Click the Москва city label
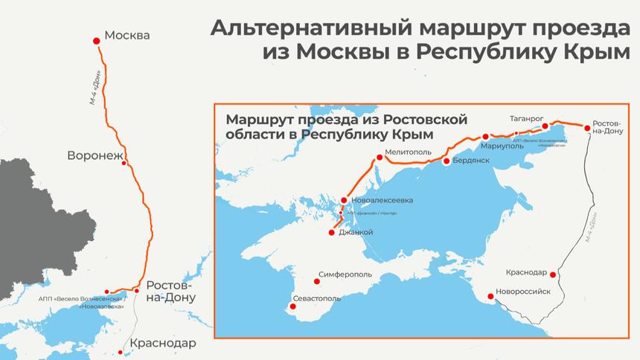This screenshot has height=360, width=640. (x=127, y=35)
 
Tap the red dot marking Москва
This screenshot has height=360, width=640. (x=96, y=42)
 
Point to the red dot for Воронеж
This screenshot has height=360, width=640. (x=124, y=164)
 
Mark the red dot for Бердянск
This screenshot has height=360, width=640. (x=447, y=161)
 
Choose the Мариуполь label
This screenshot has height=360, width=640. (x=502, y=146)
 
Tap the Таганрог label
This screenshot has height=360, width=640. (x=528, y=118)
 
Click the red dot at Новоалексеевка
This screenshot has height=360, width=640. (x=344, y=200)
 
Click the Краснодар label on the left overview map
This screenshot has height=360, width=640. (x=163, y=344)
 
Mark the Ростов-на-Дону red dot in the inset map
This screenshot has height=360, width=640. (x=587, y=129)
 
